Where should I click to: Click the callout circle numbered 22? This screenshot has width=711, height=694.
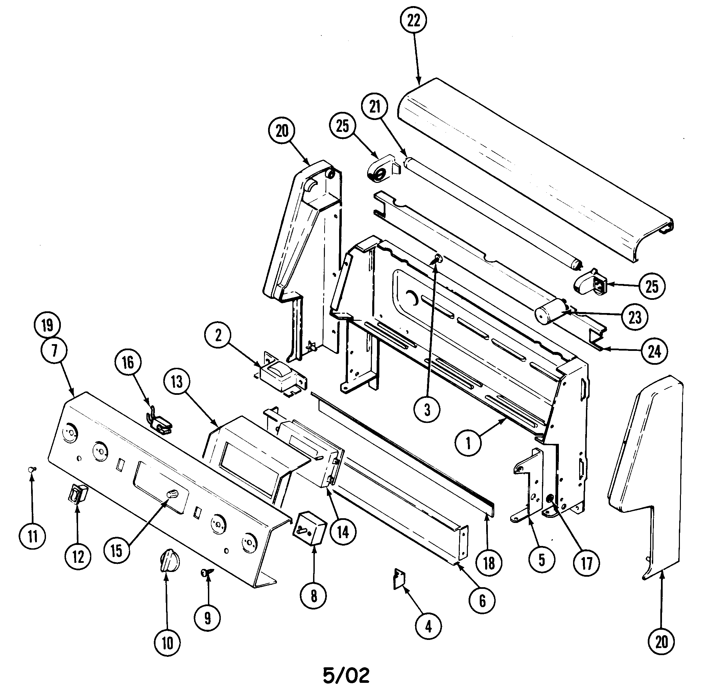(413, 21)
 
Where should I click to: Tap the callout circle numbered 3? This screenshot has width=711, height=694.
(427, 410)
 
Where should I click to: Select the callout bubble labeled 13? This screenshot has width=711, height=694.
(177, 382)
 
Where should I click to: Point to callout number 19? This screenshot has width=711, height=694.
(47, 325)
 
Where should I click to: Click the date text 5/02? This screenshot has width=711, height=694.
(346, 675)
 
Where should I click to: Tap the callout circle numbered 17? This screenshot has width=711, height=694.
(587, 563)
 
